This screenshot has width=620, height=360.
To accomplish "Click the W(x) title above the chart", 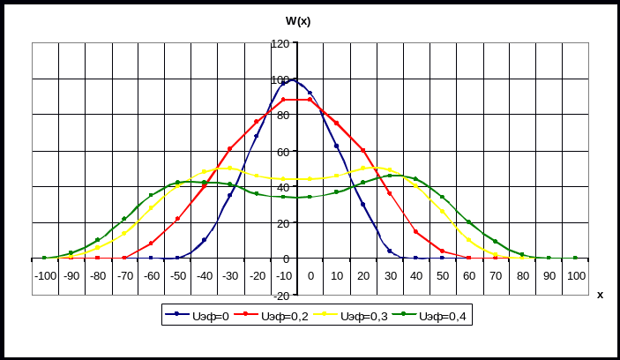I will [297, 20].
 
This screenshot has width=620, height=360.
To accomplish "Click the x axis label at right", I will [600, 295].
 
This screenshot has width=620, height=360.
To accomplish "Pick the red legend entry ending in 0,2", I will [275, 316].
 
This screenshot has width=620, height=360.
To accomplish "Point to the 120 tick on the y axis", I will [281, 43].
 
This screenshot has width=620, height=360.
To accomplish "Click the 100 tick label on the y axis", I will [281, 79].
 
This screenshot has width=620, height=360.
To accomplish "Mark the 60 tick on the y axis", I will [281, 152].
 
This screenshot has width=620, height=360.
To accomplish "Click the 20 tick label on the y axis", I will [283, 223].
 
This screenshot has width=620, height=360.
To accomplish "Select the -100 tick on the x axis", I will [44, 276].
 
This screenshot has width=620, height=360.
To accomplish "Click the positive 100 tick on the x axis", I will [576, 276].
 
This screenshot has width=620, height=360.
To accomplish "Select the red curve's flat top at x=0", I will [297, 99].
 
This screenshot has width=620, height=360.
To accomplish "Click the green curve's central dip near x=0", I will [297, 197].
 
